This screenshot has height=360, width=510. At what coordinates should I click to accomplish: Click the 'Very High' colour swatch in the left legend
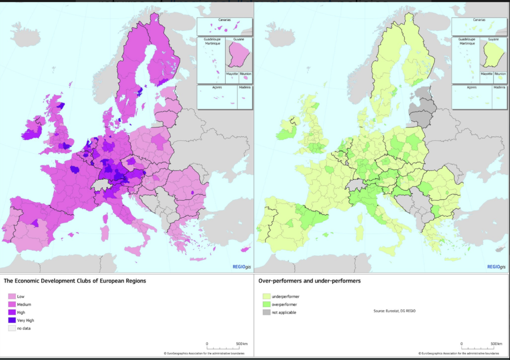(12, 320)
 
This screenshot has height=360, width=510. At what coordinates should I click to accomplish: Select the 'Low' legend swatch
(12, 296)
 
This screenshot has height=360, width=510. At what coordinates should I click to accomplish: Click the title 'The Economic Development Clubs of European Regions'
(75, 281)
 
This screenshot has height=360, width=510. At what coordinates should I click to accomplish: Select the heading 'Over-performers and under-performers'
(309, 281)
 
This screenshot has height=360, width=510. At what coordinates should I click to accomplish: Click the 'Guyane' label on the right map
(493, 39)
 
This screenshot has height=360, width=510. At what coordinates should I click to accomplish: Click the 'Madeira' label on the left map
(245, 88)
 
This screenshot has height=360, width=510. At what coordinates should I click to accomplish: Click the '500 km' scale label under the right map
(495, 344)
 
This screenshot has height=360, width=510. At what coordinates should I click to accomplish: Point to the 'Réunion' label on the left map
(245, 74)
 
